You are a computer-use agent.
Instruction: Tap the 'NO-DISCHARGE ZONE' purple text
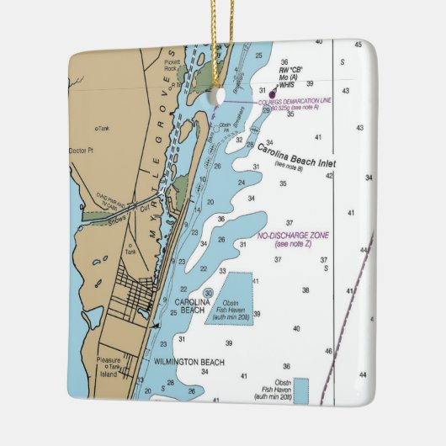click(294, 236)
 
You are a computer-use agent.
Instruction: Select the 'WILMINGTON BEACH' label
click(188, 362)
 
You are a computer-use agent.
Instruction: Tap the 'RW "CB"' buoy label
click(291, 68)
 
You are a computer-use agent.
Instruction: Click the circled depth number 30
click(208, 293)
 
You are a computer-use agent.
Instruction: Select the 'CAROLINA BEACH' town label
click(189, 305)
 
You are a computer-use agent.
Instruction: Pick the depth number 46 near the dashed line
click(328, 350)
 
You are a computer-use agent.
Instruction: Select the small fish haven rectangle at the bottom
click(300, 390)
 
